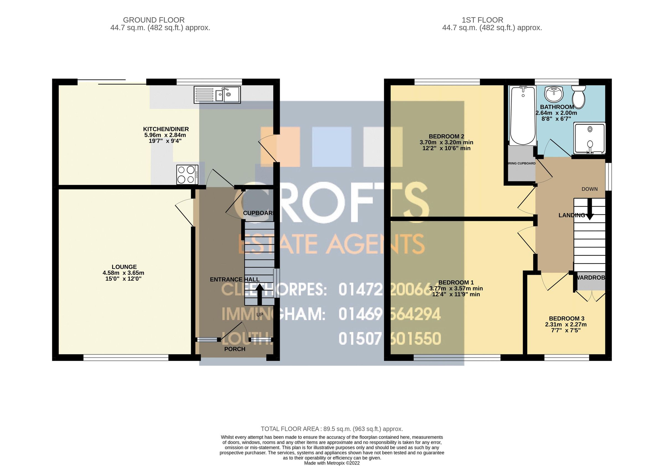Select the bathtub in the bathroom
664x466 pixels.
click(x=523, y=116)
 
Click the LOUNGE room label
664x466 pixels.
click(x=124, y=267)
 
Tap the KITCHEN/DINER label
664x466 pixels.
click(x=166, y=129)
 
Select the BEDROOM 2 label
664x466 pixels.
click(x=446, y=136)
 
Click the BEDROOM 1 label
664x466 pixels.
click(x=456, y=282)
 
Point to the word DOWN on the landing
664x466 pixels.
click(x=589, y=189)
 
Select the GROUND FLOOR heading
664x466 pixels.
click(x=154, y=20)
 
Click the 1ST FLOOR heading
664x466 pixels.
click(x=483, y=20)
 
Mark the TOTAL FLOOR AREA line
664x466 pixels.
click(x=332, y=429)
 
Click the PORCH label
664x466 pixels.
click(x=235, y=349)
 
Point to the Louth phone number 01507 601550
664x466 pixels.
click(x=390, y=339)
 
